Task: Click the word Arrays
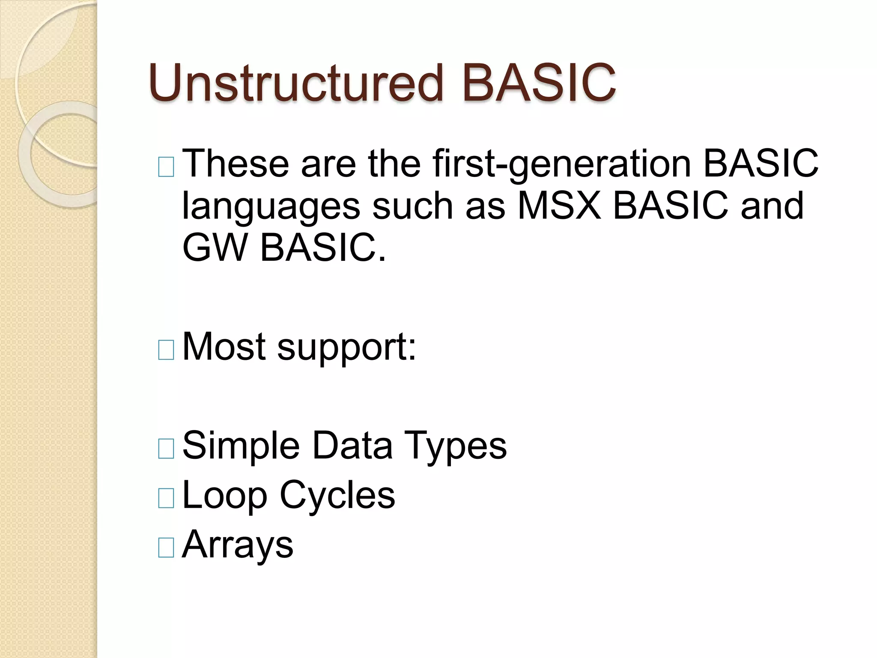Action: click(238, 545)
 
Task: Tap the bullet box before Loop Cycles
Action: click(166, 498)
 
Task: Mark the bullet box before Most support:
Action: click(166, 350)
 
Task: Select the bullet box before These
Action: click(166, 167)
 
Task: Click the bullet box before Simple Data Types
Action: click(166, 449)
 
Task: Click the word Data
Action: click(352, 446)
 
